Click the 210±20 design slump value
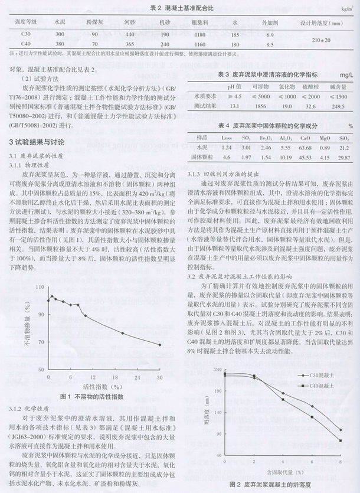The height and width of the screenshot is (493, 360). [321, 39]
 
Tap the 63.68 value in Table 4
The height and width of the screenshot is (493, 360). [305, 148]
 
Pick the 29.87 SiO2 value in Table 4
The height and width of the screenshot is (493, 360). [343, 158]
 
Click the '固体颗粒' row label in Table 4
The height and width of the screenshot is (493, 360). [202, 158]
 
